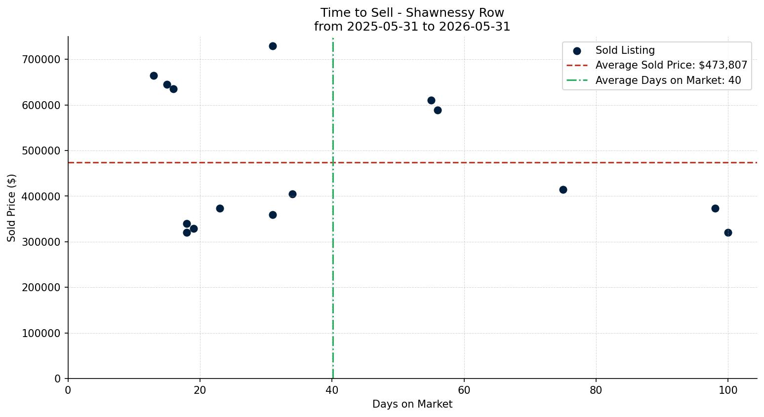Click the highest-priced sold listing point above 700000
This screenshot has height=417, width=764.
pos(273,46)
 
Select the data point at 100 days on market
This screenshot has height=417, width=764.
pos(728,233)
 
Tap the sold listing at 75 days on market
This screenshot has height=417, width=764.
pos(563,190)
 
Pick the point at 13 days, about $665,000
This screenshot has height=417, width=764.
pos(154,76)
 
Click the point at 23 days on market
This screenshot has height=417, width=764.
pos(220,208)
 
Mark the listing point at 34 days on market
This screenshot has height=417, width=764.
pos(292,194)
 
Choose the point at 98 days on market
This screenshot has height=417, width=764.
pos(715,208)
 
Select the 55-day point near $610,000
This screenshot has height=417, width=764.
pos(431,101)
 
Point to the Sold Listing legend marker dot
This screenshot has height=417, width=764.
pos(577,51)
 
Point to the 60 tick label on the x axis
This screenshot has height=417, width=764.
pos(464,390)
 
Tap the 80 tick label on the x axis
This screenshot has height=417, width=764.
pos(596,390)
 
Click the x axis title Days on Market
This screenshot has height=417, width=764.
pos(412,404)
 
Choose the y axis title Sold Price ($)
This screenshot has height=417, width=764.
pos(11,208)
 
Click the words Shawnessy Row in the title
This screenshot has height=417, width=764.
pos(455,13)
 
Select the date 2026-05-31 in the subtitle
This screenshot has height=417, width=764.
pos(475,27)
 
